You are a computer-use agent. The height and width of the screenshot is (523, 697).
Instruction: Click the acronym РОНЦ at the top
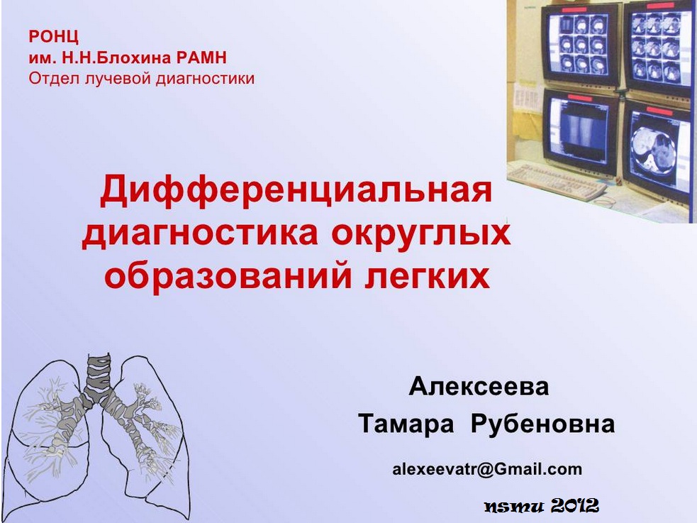tap(53, 36)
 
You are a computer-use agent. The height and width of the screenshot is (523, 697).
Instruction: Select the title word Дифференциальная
tap(296, 190)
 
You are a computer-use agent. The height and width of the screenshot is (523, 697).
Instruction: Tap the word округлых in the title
tap(420, 233)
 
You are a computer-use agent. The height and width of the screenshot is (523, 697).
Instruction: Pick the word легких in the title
tap(427, 276)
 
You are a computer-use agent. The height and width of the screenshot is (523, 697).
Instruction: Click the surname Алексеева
tap(479, 386)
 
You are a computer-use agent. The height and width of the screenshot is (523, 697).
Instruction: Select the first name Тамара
tap(406, 424)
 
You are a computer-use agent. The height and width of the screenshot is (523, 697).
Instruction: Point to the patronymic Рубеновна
tap(542, 424)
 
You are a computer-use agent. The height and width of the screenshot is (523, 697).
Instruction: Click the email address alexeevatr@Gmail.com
tap(486, 469)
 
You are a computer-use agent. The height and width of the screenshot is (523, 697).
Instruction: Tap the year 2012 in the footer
tap(575, 505)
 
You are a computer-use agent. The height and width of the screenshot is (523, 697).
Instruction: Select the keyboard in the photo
tap(557, 181)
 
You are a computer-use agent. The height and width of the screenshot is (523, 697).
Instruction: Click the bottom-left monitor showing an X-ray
tap(581, 131)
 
